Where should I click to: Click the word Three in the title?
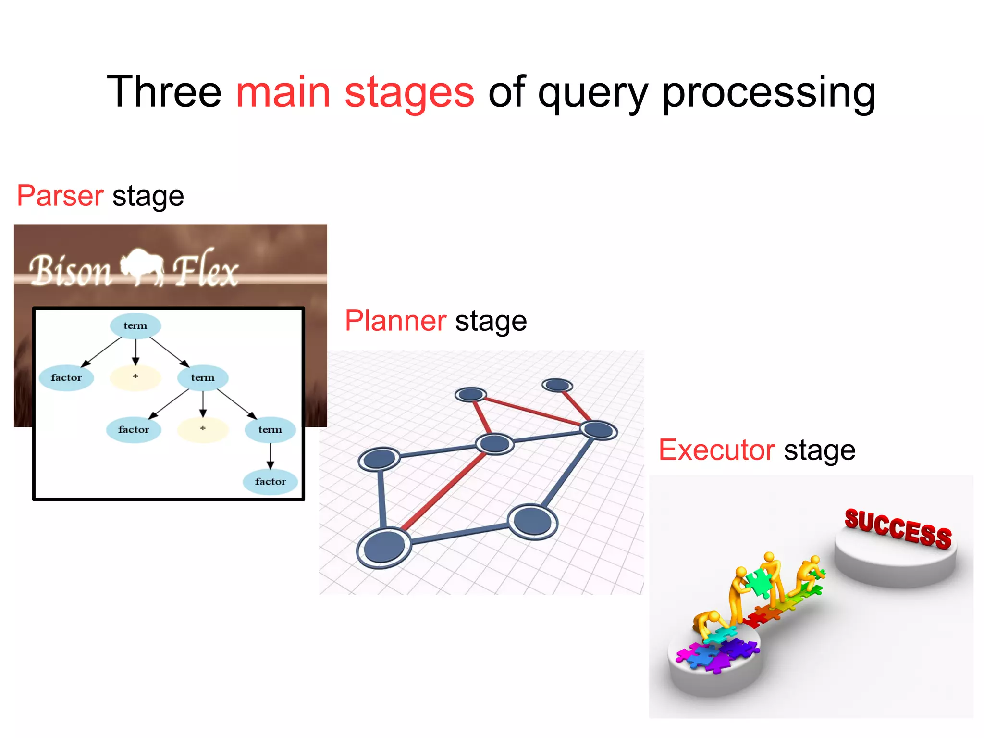[164, 92]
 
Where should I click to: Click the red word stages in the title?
[409, 92]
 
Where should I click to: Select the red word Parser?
[60, 196]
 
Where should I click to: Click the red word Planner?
[395, 321]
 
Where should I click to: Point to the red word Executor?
[716, 450]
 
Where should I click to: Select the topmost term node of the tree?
[135, 326]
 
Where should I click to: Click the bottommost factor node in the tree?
[270, 482]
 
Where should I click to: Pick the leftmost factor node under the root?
[66, 378]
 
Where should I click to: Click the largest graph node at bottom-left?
[384, 548]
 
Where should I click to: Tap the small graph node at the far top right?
[557, 385]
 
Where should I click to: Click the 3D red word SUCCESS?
[898, 529]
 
